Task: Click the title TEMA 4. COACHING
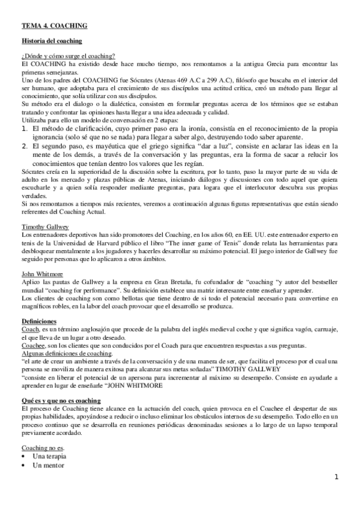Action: (54, 26)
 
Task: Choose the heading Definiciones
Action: (40, 321)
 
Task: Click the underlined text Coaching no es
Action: (43, 448)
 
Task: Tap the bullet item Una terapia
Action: (50, 456)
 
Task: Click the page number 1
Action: (337, 478)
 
